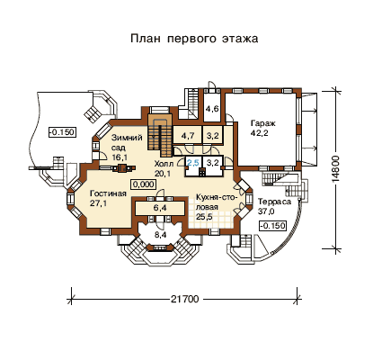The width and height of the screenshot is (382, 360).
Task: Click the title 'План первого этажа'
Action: point(194,39)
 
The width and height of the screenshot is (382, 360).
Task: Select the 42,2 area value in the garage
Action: point(259,133)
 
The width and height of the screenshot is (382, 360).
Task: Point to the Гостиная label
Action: point(108,193)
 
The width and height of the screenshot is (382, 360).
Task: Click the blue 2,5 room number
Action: point(192,163)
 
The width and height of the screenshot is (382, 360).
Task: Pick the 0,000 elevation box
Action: point(143,184)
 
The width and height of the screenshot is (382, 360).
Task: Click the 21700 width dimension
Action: point(185,299)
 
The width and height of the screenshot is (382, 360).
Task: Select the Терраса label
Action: point(275,202)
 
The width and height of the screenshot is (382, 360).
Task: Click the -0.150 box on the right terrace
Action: point(272,225)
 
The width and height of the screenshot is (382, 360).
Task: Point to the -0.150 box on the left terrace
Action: point(62,132)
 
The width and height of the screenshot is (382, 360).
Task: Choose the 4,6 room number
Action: point(211,109)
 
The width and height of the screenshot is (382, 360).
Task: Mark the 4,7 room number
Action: point(187,136)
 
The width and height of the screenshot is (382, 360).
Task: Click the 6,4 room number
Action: point(160,208)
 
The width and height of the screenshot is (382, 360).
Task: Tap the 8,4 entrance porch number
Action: point(160,235)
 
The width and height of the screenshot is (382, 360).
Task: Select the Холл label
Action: point(164,164)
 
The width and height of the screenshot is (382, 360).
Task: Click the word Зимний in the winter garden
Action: point(127,138)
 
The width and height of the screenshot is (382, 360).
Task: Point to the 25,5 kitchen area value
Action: point(204,217)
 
